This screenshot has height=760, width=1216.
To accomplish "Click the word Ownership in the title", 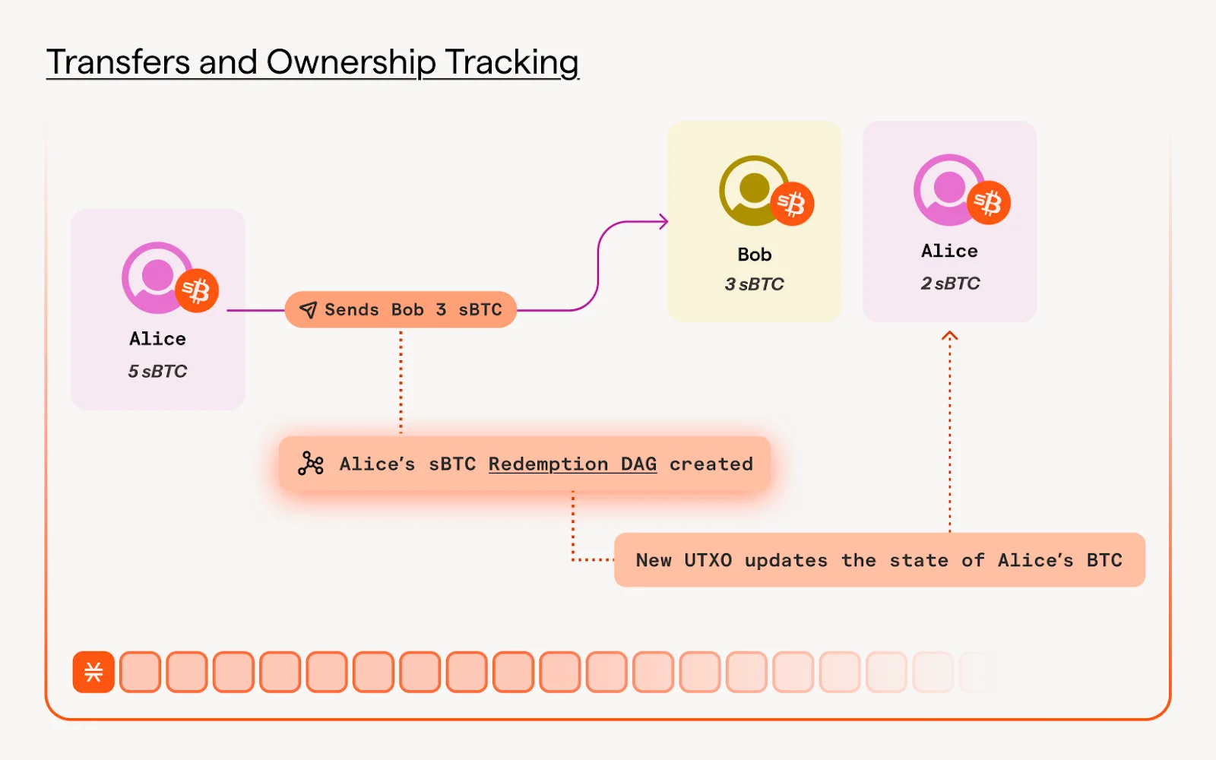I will click(350, 62).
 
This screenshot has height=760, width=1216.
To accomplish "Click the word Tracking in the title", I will click(511, 62).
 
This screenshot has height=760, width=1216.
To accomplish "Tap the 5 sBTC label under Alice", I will click(157, 372).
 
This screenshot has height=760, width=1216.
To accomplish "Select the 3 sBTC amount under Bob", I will click(754, 284).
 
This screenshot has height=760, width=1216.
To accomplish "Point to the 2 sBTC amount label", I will click(950, 283).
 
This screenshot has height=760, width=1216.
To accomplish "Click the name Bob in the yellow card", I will click(754, 255).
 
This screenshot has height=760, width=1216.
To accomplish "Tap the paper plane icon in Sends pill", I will click(308, 310).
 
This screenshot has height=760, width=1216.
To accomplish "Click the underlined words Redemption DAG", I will click(572, 464).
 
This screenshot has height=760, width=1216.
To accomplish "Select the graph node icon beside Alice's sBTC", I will click(310, 464).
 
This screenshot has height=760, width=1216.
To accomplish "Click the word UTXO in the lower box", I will click(708, 561).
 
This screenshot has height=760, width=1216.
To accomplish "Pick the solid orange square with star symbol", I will click(93, 672).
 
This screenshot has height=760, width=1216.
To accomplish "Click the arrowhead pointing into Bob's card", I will click(663, 222).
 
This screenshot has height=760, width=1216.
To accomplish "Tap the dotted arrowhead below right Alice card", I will click(949, 336).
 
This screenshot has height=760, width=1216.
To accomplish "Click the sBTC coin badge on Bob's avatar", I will click(792, 204).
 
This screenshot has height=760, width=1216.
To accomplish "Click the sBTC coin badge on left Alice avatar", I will click(197, 290).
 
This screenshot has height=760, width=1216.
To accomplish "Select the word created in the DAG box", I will click(711, 464).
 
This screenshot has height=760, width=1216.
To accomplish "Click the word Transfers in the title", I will click(118, 62).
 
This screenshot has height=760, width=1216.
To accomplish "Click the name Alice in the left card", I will click(157, 339).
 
